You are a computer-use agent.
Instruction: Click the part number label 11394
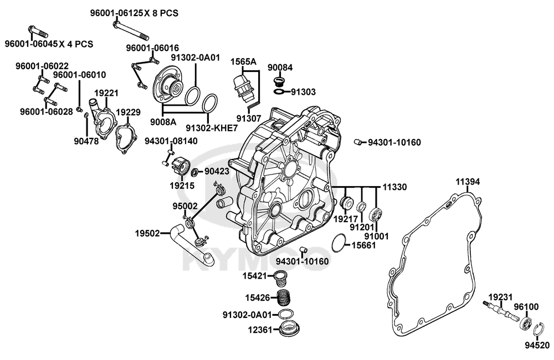[468, 181]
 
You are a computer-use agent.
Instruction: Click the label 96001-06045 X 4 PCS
[49, 44]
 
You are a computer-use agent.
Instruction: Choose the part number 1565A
[244, 62]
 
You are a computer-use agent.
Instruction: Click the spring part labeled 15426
[285, 297]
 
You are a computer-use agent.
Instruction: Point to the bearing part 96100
[526, 324]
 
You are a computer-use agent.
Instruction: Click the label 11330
[394, 188]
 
